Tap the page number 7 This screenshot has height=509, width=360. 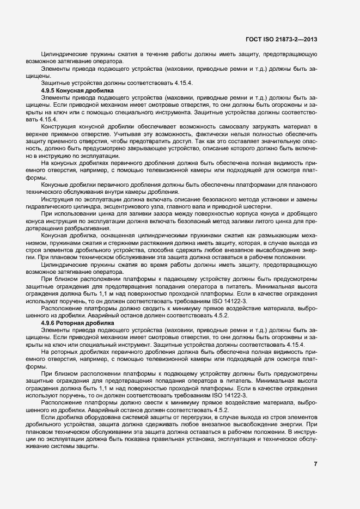pyautogui.click(x=315, y=464)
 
